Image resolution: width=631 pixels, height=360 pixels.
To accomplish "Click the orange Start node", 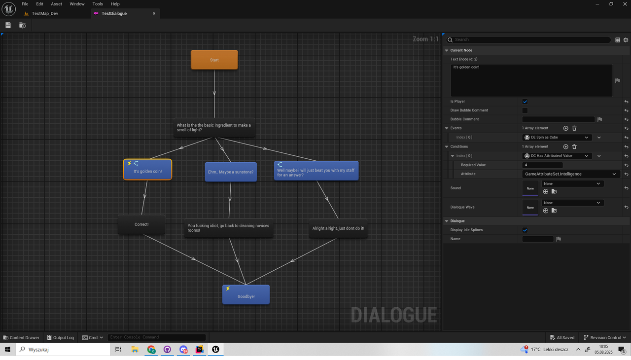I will pos(214,60).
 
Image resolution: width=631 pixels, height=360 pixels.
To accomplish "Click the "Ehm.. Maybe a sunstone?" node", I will pos(231,172).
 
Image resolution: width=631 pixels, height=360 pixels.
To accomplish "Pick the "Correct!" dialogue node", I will pos(141,224).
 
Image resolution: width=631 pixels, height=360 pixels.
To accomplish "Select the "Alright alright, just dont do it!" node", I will pos(338,228).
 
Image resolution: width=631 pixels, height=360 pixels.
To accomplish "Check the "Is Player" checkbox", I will pos(525,102).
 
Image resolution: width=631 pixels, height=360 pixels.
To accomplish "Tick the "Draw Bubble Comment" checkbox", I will pos(525,110).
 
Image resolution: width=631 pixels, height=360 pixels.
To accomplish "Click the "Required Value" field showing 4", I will pos(542,165).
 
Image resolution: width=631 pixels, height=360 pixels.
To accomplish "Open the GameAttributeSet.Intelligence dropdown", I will pos(570,174).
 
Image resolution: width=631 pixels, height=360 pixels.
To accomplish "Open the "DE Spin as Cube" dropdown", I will pos(557,138).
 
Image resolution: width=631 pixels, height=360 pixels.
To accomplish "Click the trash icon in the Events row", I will pos(574,128).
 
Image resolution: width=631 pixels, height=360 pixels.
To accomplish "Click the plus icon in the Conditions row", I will pos(565,146).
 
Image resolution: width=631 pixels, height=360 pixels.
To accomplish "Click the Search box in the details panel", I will pos(530,39).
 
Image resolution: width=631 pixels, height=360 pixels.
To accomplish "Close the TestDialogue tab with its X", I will pos(154,13).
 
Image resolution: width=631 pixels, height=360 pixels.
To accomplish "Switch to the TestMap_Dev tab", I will pos(44,13).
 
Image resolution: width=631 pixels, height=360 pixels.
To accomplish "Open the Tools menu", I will pos(98,4).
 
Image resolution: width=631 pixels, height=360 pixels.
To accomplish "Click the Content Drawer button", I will pos(21,338).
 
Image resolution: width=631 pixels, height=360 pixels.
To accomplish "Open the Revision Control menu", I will pos(605,338).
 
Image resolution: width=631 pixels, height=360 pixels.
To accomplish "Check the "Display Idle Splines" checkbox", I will pos(525,230).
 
